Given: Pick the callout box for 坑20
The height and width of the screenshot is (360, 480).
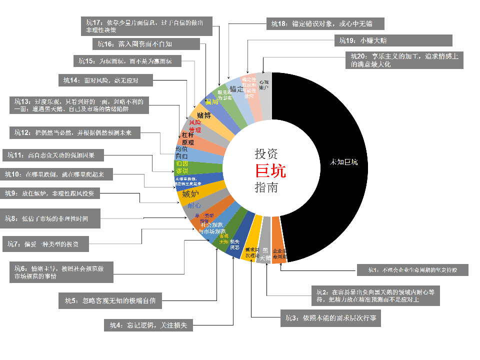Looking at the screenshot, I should pyautogui.click(x=404, y=60).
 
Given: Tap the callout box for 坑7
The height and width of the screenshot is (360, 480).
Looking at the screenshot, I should pyautogui.click(x=46, y=244).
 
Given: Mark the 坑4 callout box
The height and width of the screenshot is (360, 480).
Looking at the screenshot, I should pyautogui.click(x=149, y=325).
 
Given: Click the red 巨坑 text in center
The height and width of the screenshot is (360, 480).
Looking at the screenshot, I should pyautogui.click(x=270, y=171).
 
